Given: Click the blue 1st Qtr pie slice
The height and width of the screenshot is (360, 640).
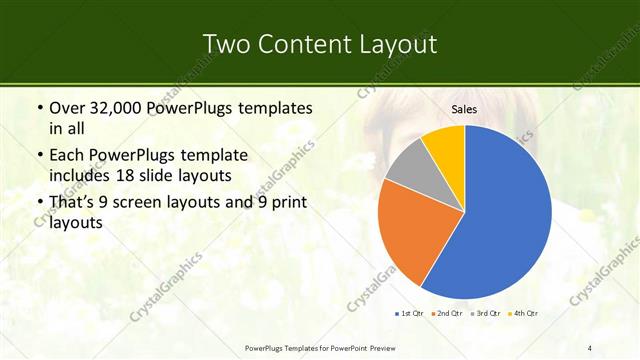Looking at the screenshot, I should tap(500, 215).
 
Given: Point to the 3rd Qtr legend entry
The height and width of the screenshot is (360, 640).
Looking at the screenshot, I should tap(486, 314).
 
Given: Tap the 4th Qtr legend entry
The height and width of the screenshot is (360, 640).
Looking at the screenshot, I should tap(524, 314).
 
